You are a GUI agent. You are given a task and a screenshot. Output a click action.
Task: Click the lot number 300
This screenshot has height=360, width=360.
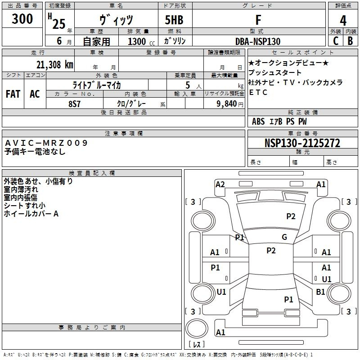(22, 19)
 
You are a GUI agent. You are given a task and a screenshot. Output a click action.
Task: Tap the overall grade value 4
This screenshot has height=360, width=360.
(343, 21)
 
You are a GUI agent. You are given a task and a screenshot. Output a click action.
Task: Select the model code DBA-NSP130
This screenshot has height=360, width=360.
(258, 41)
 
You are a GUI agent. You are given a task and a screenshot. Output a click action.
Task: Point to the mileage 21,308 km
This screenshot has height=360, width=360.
(55, 65)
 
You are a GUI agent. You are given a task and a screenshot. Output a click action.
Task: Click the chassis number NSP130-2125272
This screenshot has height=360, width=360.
(302, 143)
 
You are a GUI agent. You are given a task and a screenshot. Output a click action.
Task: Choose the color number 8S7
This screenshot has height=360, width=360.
(74, 104)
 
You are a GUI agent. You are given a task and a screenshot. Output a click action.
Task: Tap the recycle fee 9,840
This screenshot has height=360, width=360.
(227, 103)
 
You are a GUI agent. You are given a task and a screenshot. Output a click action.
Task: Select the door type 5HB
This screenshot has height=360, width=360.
(174, 20)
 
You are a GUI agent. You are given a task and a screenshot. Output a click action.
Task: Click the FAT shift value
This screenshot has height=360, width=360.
(13, 94)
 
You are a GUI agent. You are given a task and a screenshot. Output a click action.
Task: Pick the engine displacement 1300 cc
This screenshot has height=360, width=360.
(141, 41)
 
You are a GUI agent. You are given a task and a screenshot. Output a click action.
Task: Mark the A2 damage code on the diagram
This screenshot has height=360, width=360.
(220, 184)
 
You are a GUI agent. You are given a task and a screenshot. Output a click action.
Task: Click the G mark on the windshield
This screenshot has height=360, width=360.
(284, 237)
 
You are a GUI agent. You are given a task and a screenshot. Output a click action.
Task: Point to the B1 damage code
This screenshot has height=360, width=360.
(320, 292)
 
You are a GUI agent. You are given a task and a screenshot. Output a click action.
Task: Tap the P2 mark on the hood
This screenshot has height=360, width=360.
(291, 216)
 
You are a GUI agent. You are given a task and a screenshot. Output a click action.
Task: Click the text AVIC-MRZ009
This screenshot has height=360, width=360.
(46, 143)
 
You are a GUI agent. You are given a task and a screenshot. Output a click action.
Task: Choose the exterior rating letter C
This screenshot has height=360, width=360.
(336, 41)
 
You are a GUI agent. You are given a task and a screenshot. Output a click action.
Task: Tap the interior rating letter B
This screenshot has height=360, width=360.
(350, 41)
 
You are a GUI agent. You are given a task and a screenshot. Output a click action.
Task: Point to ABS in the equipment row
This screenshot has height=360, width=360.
(258, 121)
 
